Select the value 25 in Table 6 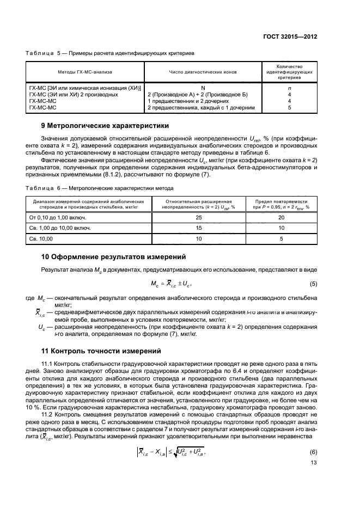click(x=198, y=218)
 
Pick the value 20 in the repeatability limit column click(x=282, y=218)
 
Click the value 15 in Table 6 click(x=198, y=228)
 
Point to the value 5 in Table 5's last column click(x=289, y=108)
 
